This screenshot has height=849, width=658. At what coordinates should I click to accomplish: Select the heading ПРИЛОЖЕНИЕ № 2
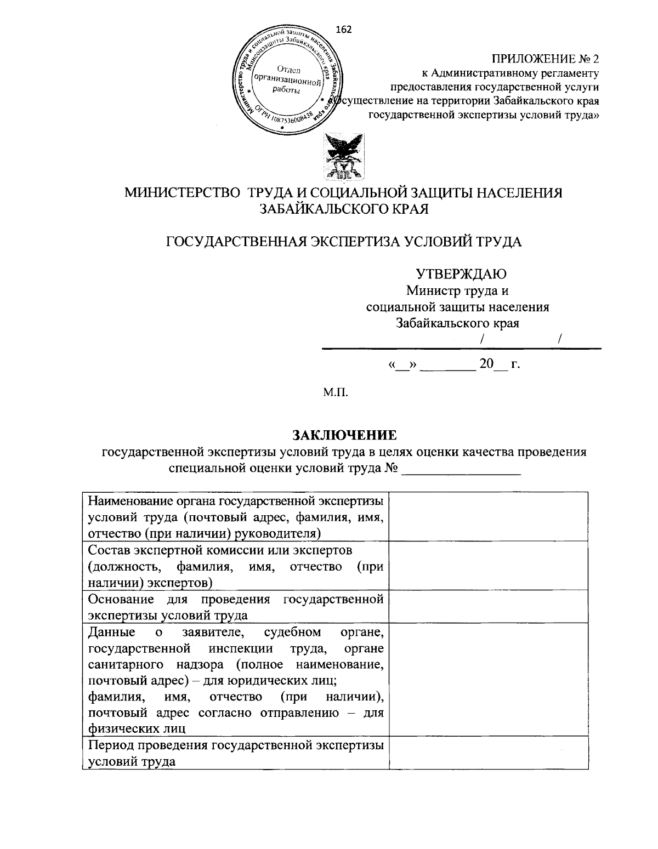(x=545, y=59)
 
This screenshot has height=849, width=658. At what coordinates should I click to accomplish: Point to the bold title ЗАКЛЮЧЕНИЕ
(x=344, y=436)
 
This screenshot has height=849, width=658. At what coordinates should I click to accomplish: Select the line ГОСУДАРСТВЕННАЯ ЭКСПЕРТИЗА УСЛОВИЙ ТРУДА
(x=344, y=242)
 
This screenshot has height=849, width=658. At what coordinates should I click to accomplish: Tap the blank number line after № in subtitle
(x=461, y=469)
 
